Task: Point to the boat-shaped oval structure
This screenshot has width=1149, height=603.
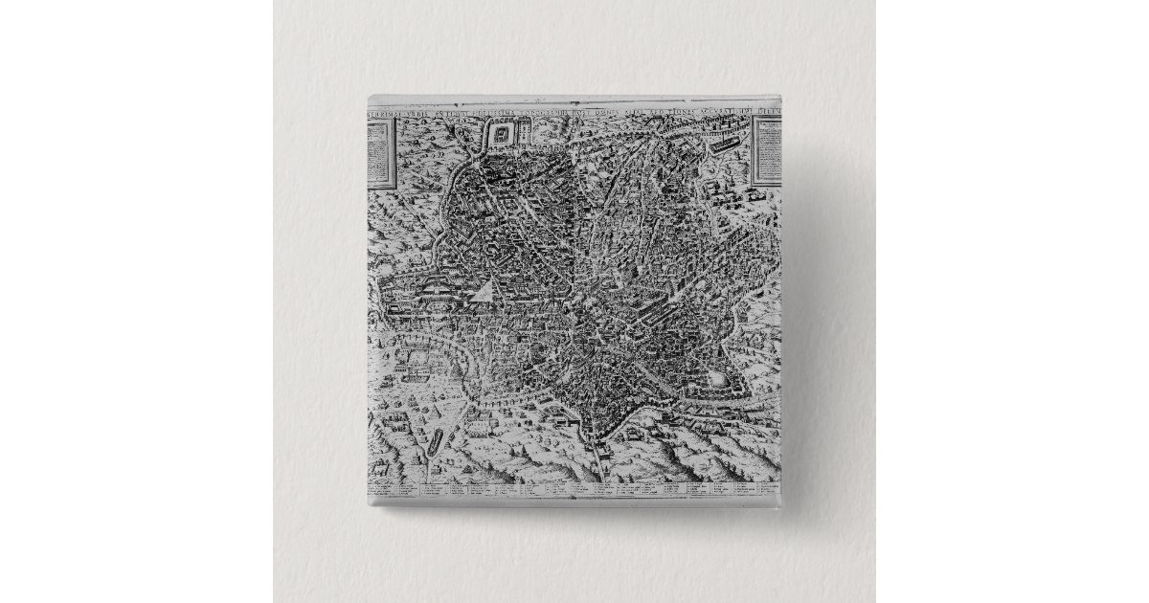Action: coord(438,440)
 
